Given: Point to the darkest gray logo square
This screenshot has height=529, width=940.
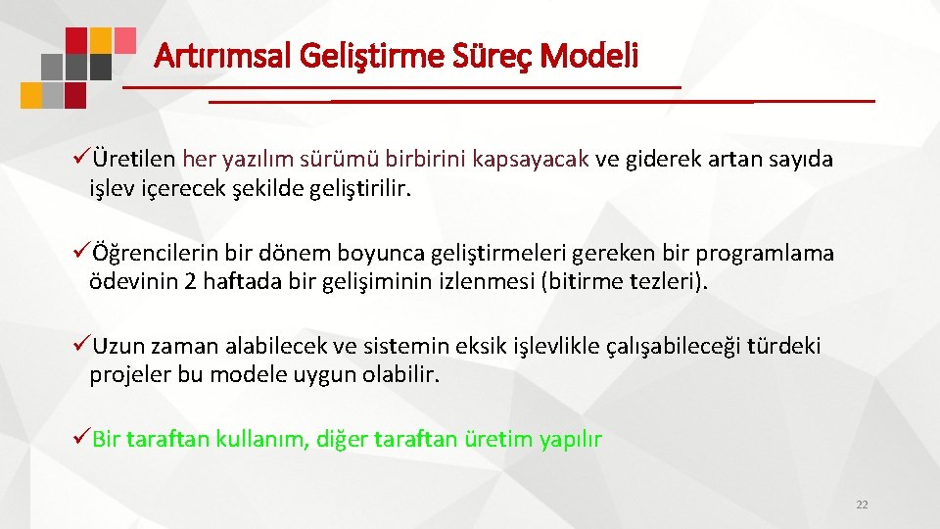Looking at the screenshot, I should tap(100, 67).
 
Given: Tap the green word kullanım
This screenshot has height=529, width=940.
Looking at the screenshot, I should tap(263, 439).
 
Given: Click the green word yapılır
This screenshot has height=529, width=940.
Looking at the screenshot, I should tap(571, 439).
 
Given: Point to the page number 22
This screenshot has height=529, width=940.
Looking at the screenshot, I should tap(862, 505).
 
